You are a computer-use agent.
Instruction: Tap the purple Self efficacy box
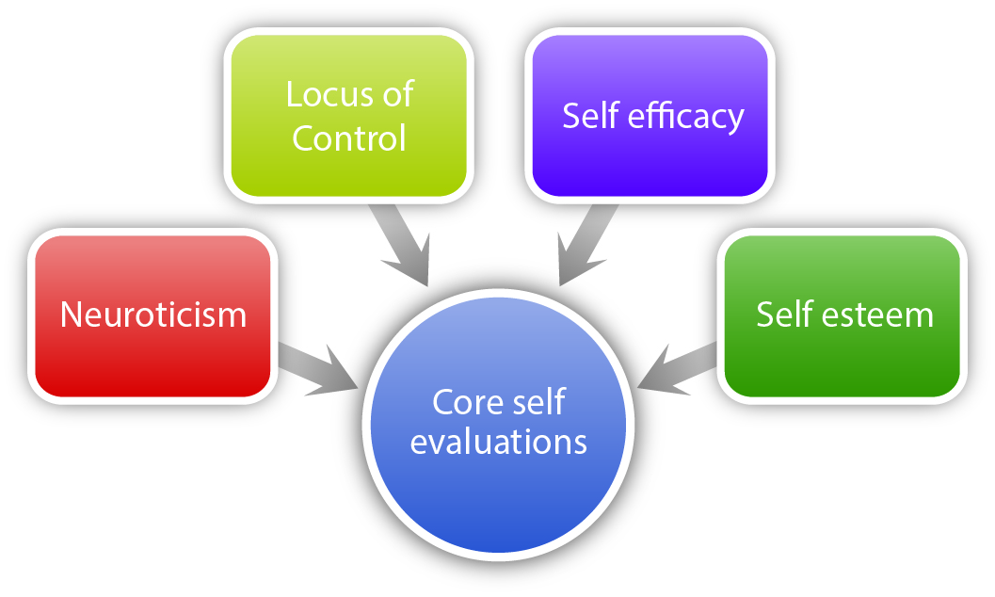pos(650,160)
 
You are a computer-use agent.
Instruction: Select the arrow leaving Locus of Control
pos(401,244)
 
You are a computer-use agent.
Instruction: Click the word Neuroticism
pos(153,315)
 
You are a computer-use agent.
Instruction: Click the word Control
pos(348,138)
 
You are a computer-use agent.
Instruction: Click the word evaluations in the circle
pos(499,442)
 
